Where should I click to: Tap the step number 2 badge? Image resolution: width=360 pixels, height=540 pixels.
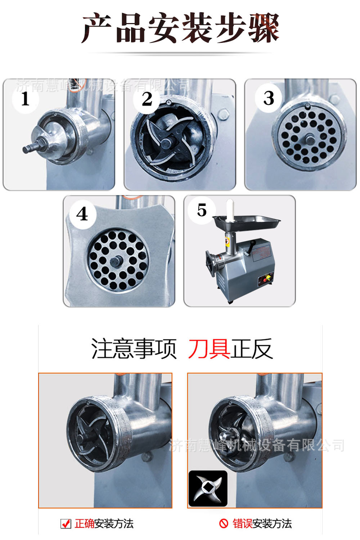tap(147, 99)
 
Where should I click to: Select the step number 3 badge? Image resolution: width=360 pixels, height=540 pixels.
tap(269, 98)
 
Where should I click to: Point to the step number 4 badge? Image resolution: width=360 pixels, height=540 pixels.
tap(82, 214)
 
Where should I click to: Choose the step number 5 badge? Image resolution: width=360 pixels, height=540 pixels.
tap(202, 210)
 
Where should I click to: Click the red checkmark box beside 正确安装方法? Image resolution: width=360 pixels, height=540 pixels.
tap(66, 523)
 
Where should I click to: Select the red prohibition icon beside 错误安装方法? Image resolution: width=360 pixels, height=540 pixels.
tap(224, 523)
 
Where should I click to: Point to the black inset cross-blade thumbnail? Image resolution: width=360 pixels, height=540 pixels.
tap(208, 489)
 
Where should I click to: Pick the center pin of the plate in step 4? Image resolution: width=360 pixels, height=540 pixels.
tap(117, 260)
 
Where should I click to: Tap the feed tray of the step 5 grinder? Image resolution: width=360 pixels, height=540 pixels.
tap(248, 220)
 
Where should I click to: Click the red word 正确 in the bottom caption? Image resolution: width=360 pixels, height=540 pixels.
tap(85, 523)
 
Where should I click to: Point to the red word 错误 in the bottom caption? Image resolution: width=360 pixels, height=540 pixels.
tap(242, 523)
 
